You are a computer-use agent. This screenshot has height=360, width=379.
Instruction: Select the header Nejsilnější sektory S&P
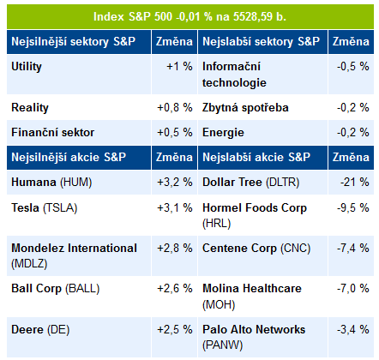point(73,42)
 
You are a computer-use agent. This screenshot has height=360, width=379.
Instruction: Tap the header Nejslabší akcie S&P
point(256,157)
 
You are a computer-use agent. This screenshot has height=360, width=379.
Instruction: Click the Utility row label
point(27,67)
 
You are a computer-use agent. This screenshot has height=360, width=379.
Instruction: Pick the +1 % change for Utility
point(179,66)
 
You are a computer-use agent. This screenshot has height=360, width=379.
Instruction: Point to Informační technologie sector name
point(234,75)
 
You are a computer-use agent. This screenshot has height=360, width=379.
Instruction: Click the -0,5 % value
point(352,66)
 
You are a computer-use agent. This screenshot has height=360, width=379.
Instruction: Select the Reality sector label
point(30,108)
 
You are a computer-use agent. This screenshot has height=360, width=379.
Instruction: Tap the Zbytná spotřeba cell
point(245,108)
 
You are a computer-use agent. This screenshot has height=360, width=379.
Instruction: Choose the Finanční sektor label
point(52,132)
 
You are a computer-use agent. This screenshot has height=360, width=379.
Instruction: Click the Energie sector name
point(223,133)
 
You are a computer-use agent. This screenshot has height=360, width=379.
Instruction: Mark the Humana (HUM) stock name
point(51,183)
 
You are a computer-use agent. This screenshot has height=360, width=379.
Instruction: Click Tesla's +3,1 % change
point(175,207)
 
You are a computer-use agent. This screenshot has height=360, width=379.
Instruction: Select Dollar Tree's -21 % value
point(354,182)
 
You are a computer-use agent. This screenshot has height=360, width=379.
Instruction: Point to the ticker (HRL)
point(216,223)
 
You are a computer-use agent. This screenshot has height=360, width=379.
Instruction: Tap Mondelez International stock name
point(74,248)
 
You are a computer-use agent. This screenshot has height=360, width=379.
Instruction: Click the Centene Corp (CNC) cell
point(256,249)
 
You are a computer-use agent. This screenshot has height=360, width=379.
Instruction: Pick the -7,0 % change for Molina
point(352,288)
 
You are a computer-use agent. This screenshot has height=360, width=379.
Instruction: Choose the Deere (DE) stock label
point(40,330)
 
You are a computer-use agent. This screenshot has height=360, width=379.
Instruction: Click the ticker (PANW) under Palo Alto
point(222,345)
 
